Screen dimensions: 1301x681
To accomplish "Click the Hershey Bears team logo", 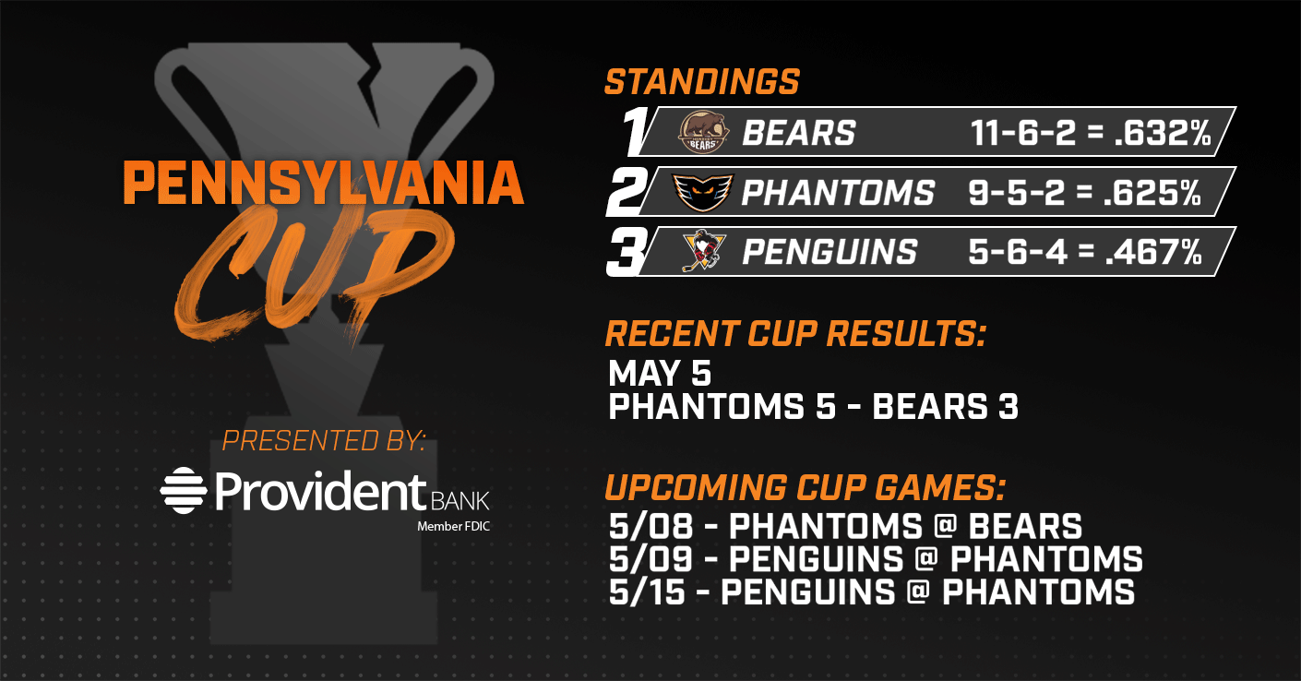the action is [703, 133].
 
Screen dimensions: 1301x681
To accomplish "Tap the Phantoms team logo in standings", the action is [703, 192].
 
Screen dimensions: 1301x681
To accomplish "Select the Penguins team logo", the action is [704, 251].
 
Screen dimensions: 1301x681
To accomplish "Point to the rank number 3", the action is [627, 252].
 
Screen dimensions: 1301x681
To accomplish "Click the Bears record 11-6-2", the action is [1022, 133].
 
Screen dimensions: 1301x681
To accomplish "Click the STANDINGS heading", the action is [702, 81].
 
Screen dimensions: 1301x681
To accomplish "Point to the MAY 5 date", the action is [660, 373].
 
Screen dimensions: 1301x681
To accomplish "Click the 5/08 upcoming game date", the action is [651, 527].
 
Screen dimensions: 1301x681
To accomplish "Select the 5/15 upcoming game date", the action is [647, 592].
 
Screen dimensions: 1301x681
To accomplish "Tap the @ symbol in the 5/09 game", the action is [925, 558].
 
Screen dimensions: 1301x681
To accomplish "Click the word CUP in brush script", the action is [314, 274].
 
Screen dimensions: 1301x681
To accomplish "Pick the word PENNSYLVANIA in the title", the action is [324, 183].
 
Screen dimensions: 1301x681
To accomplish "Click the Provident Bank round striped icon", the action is [184, 490].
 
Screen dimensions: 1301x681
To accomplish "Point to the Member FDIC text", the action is [454, 527].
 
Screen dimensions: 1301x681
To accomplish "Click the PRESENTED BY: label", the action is [324, 441].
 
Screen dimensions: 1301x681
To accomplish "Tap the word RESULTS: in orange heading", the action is [907, 334].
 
